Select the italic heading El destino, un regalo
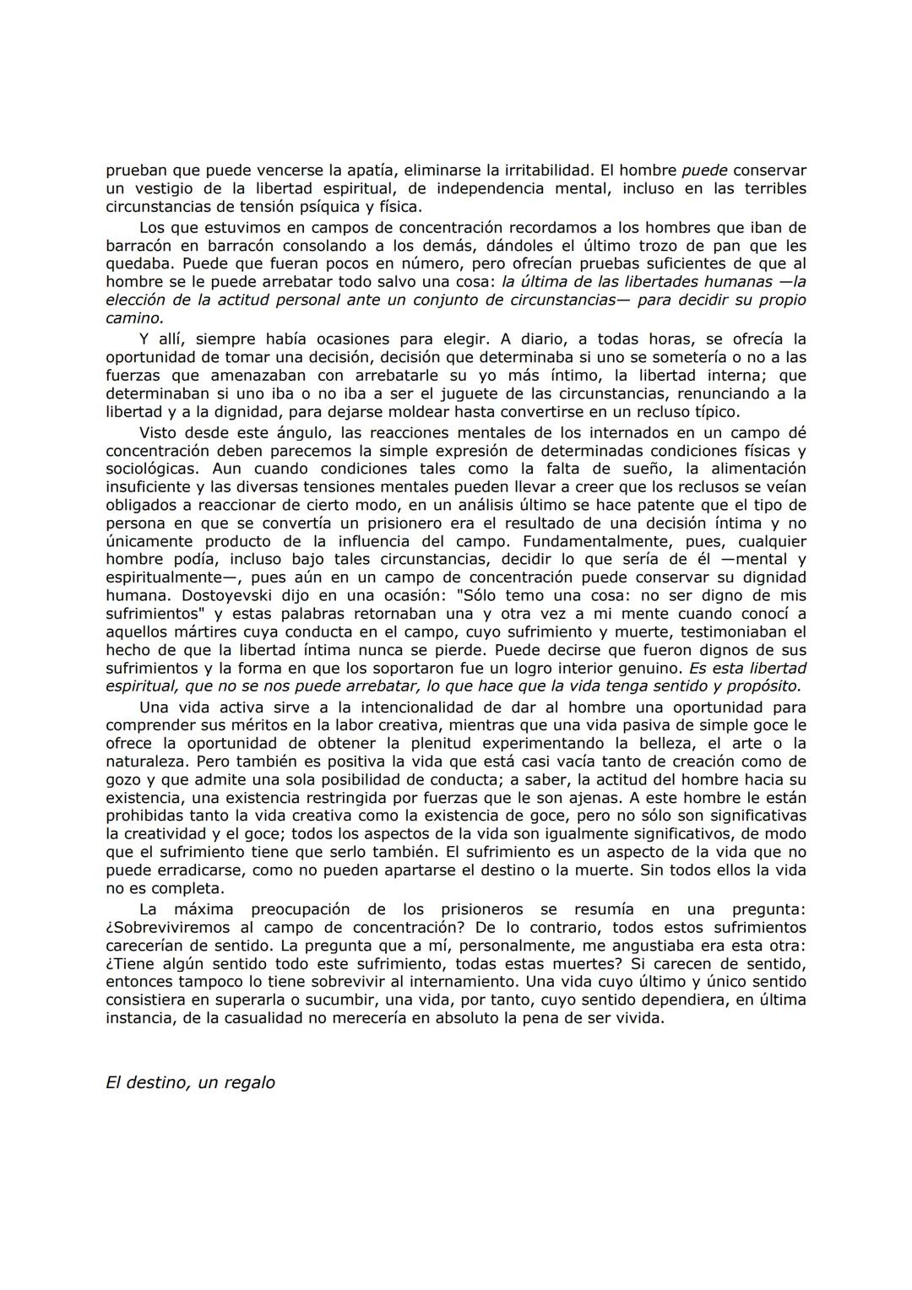pyautogui.click(x=190, y=1082)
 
